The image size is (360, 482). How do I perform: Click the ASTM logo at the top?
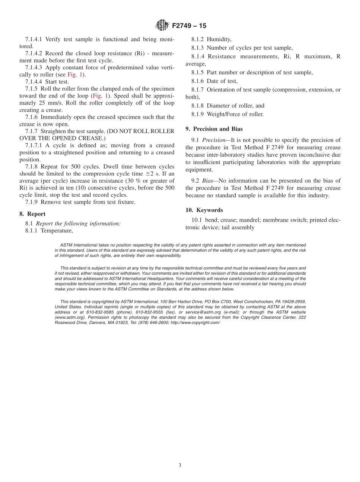tap(163, 26)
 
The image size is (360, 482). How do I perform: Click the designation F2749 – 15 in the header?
tap(189, 26)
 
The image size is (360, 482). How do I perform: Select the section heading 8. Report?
tap(33, 214)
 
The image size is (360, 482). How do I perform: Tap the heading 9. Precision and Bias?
tap(214, 129)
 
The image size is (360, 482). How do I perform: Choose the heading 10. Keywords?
tap(204, 210)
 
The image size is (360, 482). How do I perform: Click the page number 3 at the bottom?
tap(180, 465)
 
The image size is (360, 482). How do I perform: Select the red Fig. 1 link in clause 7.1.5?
tap(100, 96)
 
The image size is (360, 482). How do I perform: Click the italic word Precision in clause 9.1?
tap(214, 140)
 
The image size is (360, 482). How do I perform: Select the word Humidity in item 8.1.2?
tap(219, 39)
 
